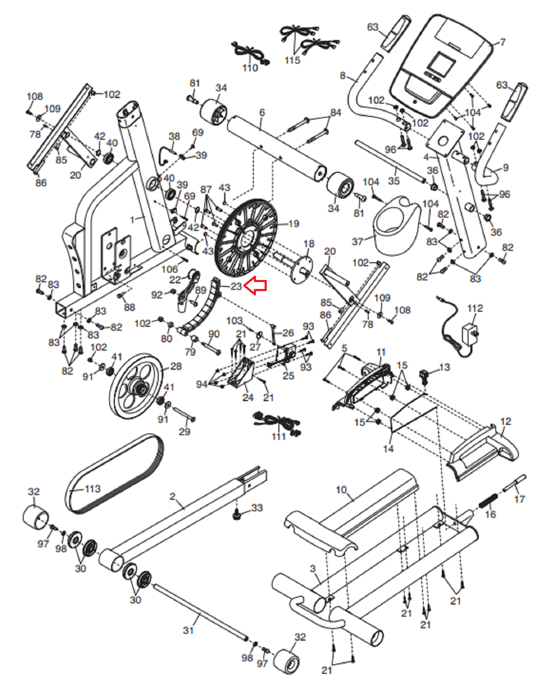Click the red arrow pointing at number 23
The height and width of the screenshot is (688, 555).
coord(255,285)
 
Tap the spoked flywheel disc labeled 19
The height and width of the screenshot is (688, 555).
coord(246,238)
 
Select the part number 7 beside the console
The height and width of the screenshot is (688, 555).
coord(502,42)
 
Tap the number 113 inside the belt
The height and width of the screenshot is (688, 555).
coord(93,489)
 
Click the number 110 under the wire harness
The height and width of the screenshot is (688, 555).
coord(250,68)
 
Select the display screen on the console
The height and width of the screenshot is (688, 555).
coord(441,65)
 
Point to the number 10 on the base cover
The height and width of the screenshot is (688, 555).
coord(341,489)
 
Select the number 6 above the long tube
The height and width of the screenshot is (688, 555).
coord(262,112)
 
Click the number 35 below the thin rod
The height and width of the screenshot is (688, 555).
coord(394,181)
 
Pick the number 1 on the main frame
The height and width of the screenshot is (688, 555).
coord(133,220)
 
